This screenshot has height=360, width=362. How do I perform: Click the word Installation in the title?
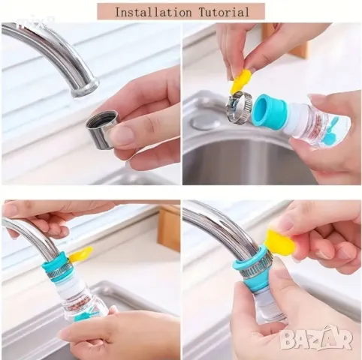tap(152, 12)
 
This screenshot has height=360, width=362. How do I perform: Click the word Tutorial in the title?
tap(224, 12)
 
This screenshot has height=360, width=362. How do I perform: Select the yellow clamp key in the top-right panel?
tap(240, 81)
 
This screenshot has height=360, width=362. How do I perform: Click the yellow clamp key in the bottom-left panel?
tap(80, 253)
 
